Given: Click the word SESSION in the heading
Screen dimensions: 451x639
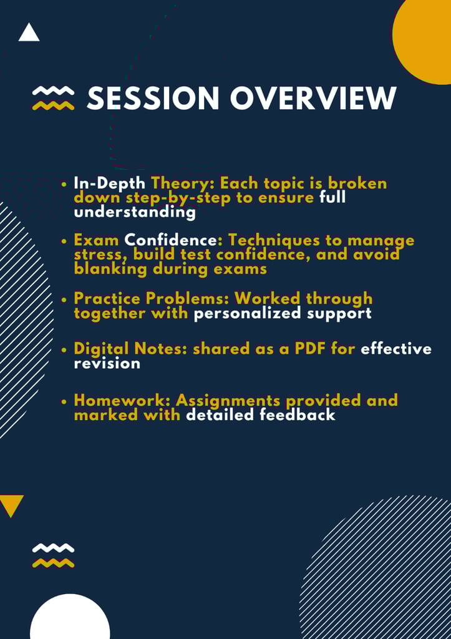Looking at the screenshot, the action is coord(153,98).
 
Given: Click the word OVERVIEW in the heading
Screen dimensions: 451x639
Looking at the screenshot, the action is coord(313,98).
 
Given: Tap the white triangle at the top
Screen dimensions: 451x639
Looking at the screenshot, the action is coord(29,32).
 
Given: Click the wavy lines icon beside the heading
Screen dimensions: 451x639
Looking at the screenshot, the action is coord(54,98).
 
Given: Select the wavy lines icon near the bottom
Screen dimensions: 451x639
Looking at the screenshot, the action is coord(54,555).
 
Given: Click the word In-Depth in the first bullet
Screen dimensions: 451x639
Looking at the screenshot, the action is coord(110,184).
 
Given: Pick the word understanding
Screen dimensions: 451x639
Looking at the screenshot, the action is coord(135,212).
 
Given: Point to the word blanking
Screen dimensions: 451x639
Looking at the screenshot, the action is coord(110,270).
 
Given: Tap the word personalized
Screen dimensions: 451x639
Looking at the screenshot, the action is coord(250,314).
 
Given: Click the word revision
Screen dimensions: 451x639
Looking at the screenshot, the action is coord(107,364).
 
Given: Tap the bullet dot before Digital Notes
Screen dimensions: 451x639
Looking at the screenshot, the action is coord(64,349).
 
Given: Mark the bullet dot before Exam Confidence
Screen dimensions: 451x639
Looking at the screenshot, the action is coord(64,241).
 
